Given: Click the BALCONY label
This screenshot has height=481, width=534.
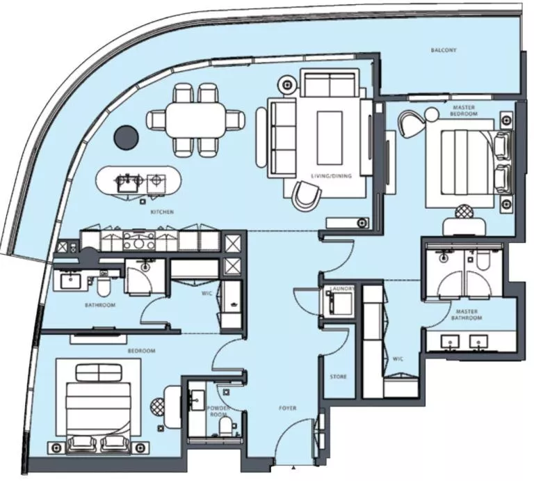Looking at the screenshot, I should tap(444, 51).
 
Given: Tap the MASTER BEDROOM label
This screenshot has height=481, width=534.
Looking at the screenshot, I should tap(464, 111).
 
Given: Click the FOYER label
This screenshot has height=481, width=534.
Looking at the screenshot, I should tap(288, 408).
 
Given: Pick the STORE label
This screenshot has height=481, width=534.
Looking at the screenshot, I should tap(339, 377).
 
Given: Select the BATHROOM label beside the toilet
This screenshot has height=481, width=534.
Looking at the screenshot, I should tap(101, 305).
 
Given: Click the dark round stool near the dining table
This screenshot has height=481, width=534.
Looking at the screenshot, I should tap(127, 136).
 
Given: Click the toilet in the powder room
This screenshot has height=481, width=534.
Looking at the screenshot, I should tap(224, 425).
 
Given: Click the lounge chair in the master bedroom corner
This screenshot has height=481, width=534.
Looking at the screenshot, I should tap(414, 125).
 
